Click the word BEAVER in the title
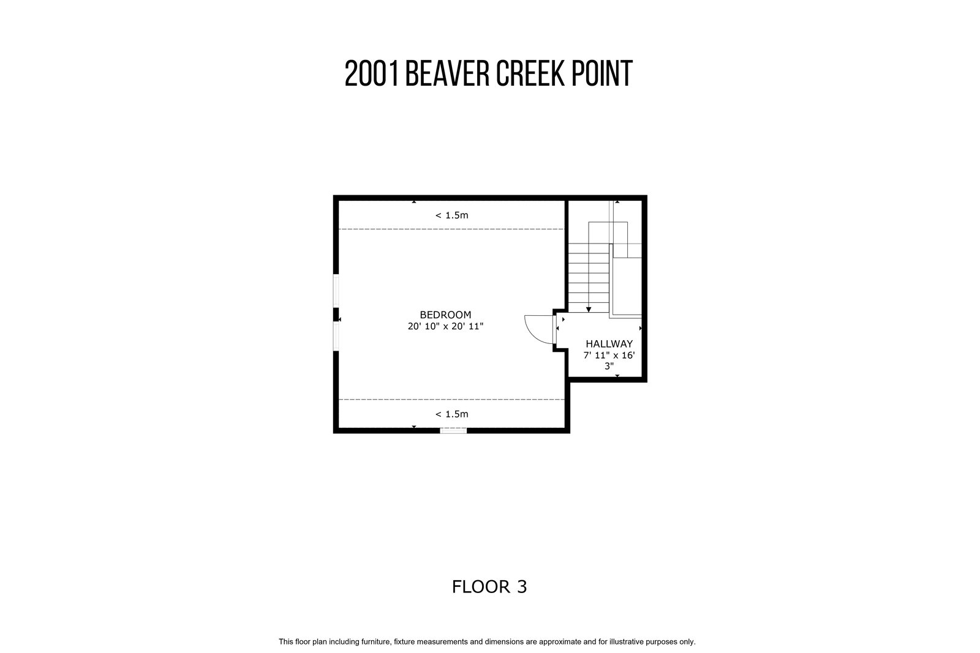point(448,73)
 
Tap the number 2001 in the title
point(372,73)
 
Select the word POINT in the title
point(602,73)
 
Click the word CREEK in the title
point(530,73)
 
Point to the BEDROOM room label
point(445,315)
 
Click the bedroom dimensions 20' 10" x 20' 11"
point(445,326)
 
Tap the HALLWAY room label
point(609,344)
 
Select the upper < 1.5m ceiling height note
point(451,215)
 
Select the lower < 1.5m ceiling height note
point(451,414)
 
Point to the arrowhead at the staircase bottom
point(589,310)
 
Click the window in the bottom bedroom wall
point(453,430)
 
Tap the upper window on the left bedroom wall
point(336,291)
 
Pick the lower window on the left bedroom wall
point(336,336)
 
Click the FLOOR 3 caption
point(489,587)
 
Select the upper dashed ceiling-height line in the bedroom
point(451,229)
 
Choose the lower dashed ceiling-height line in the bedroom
point(451,400)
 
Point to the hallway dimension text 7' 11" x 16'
point(609,356)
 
